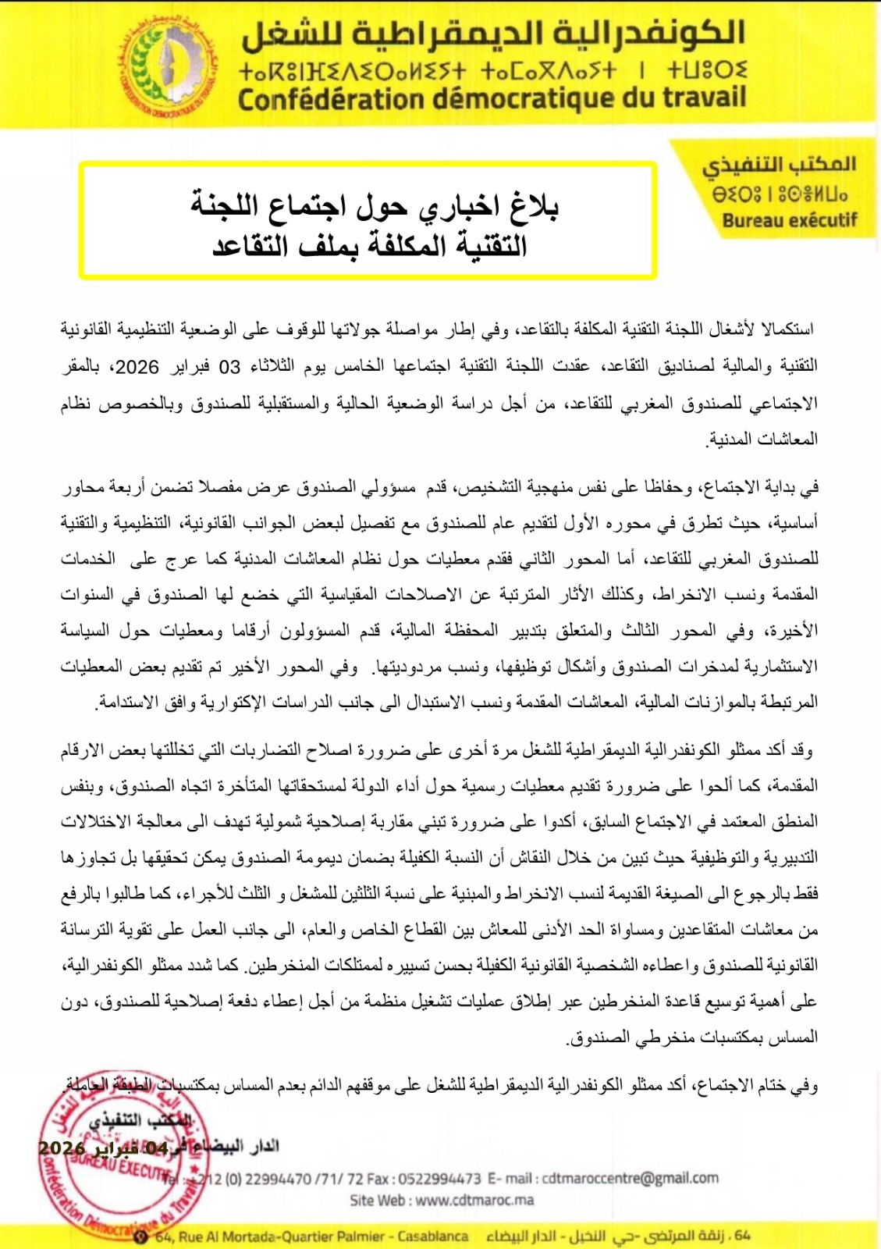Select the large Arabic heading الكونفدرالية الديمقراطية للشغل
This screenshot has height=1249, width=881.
click(x=493, y=34)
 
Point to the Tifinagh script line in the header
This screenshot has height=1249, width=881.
click(x=493, y=70)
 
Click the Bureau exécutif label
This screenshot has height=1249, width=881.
click(x=789, y=221)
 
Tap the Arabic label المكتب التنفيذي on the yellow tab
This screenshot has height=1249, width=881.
click(x=779, y=165)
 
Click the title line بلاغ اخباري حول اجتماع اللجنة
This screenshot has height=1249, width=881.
click(x=375, y=205)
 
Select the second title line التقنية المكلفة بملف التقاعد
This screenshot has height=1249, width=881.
click(x=370, y=246)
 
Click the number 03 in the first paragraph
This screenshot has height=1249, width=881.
click(x=229, y=367)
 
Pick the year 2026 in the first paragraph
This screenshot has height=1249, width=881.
click(x=137, y=367)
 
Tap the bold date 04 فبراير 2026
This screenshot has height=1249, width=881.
click(x=102, y=1148)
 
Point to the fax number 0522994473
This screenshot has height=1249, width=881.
click(x=440, y=1179)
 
